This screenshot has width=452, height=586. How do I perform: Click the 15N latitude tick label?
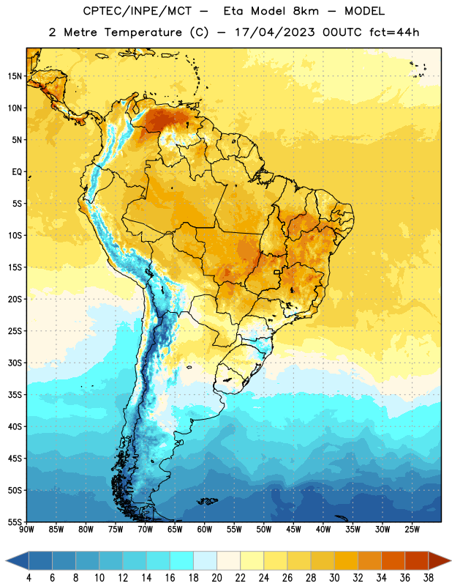click(x=15, y=76)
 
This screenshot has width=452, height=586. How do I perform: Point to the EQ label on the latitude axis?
click(x=17, y=172)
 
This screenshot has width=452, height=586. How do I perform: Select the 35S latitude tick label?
click(x=15, y=395)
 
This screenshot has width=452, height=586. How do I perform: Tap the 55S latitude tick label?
click(x=15, y=522)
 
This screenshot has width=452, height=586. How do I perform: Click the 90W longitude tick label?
click(x=26, y=530)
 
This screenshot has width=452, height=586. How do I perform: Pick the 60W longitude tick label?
click(x=205, y=530)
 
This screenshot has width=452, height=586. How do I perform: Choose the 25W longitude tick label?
click(x=412, y=530)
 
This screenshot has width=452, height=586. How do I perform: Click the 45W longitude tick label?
click(x=293, y=530)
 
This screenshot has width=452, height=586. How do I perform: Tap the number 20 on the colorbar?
click(x=216, y=578)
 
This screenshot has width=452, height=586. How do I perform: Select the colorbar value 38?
click(x=429, y=578)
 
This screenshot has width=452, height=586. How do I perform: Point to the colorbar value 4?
click(x=29, y=578)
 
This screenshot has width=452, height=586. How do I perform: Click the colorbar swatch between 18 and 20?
click(x=205, y=560)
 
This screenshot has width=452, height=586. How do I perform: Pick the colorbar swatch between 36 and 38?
click(x=417, y=560)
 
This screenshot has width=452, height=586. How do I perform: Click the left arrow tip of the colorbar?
click(x=6, y=560)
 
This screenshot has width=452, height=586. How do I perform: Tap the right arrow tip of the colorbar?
click(x=451, y=560)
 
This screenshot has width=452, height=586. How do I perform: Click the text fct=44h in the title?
click(x=394, y=32)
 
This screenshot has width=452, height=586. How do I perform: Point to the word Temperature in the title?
click(x=143, y=32)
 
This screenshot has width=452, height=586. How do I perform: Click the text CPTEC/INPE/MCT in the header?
click(x=137, y=11)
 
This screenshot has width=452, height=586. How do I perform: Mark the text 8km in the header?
click(x=306, y=11)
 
